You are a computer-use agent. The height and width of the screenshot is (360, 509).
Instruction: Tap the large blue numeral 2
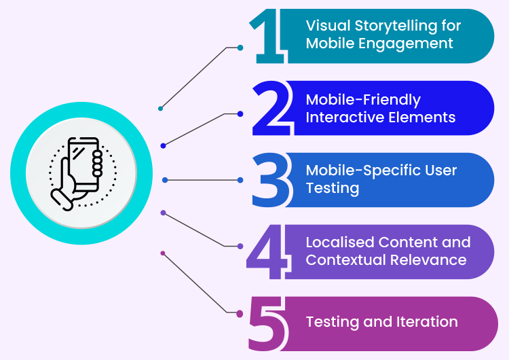(x=271, y=109)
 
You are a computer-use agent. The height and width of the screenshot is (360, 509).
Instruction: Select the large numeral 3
(x=270, y=181)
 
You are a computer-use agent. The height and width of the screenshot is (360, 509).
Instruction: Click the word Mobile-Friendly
(x=363, y=99)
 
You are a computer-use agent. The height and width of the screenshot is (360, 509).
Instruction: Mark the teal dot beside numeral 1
(x=240, y=48)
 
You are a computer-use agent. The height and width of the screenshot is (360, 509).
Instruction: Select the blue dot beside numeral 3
(x=240, y=180)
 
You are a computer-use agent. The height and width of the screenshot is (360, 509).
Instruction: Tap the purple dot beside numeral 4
(x=240, y=246)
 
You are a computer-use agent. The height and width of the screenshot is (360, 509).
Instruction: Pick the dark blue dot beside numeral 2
(x=240, y=113)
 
